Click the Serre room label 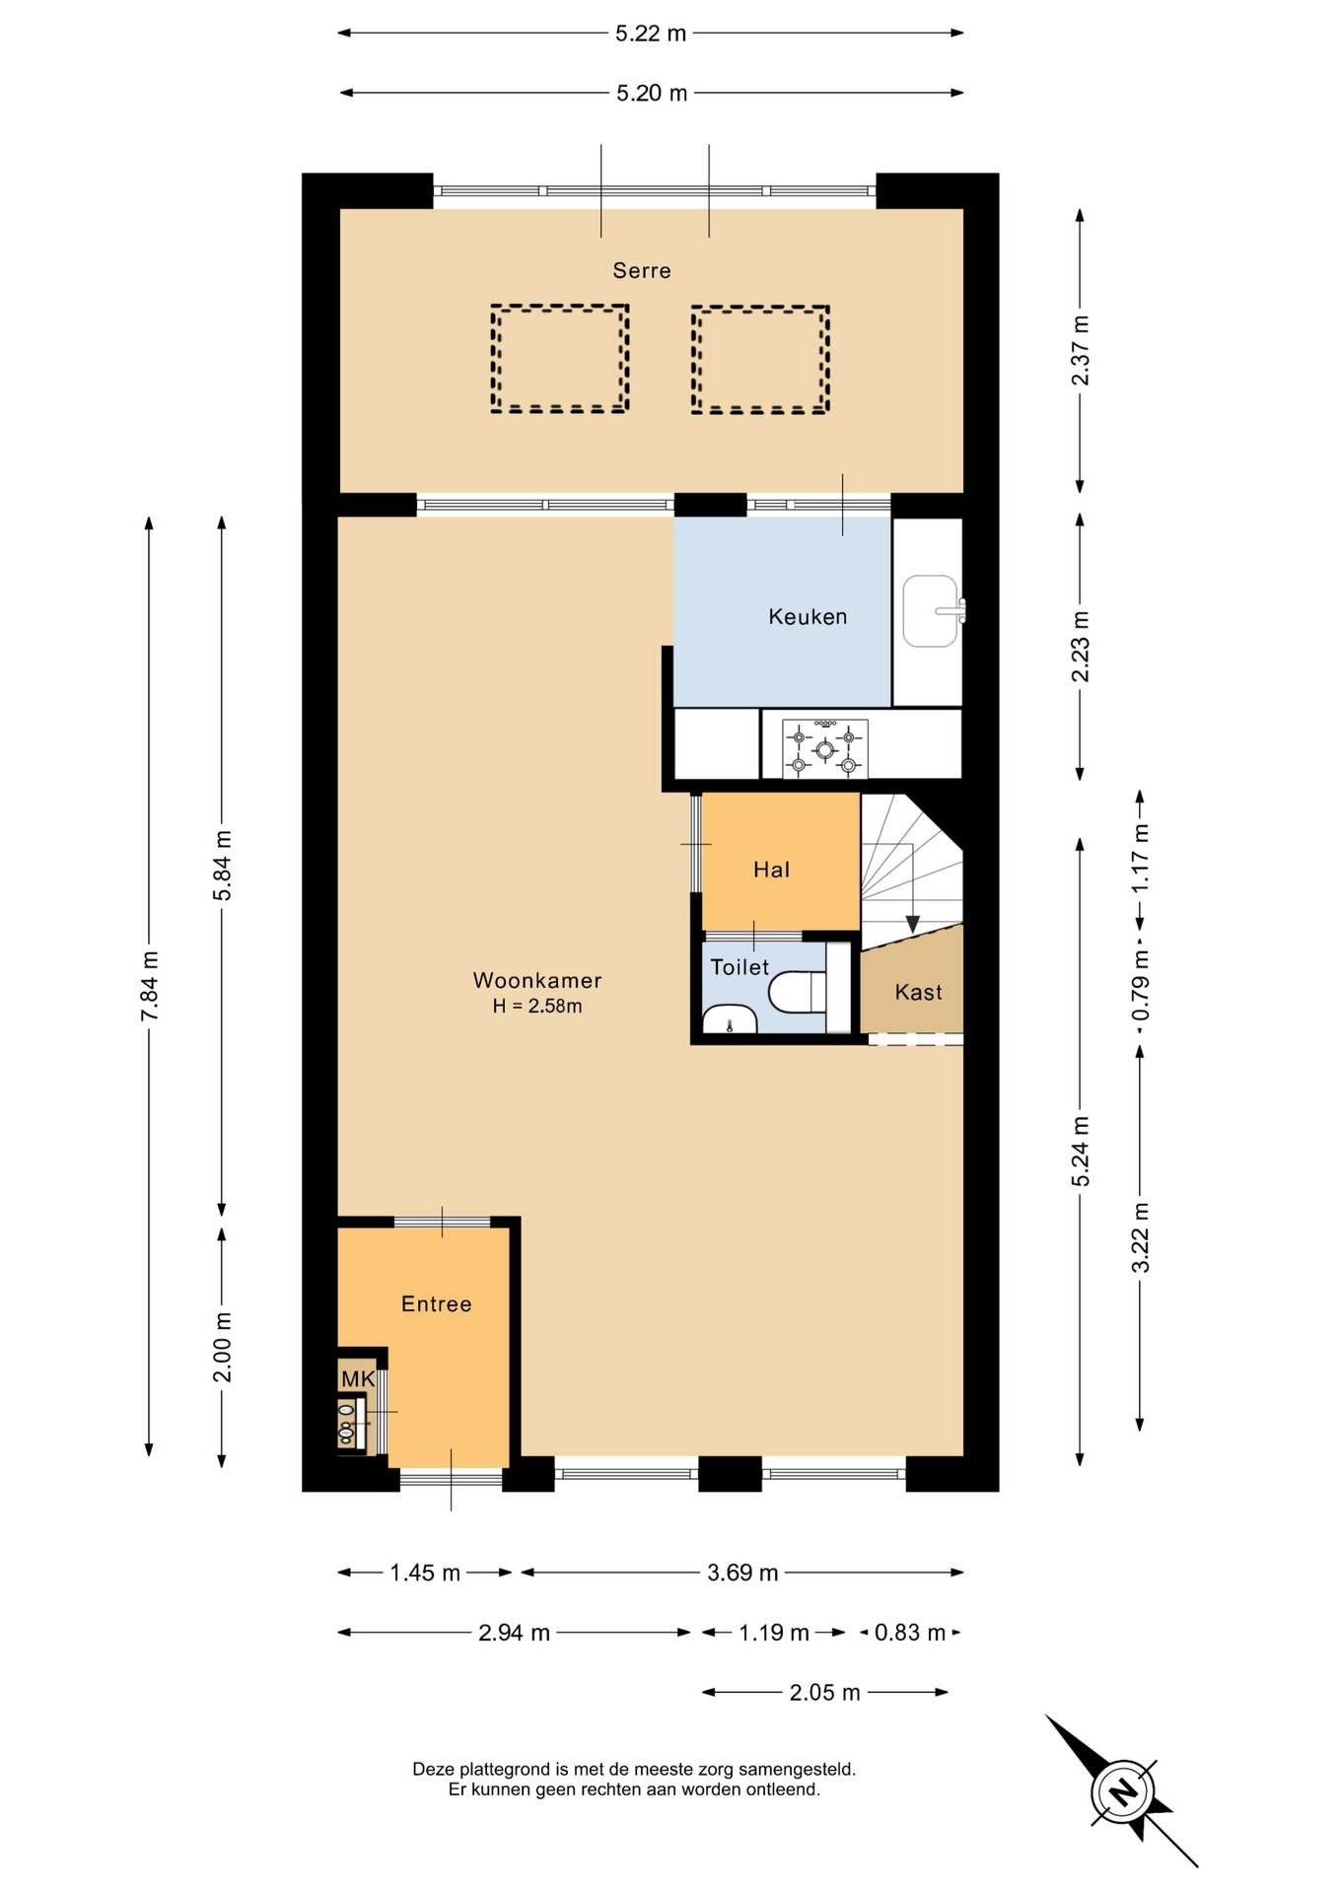pos(641,270)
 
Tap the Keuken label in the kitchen pos(808,617)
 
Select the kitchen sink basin pos(930,611)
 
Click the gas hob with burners pos(825,748)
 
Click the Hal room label pos(771,870)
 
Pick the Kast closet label pos(918,993)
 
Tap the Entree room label pos(436,1304)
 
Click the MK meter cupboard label pos(358,1378)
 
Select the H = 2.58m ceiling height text pos(537,1007)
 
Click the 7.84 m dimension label pos(149,986)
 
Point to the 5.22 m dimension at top pos(651,34)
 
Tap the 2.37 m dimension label pos(1081,350)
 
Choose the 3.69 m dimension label pos(742,1573)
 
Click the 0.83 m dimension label pos(910,1633)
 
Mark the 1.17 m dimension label pos(1141,858)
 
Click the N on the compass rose pos(1121,1791)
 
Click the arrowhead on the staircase pos(912,924)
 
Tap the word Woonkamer pos(537,981)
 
